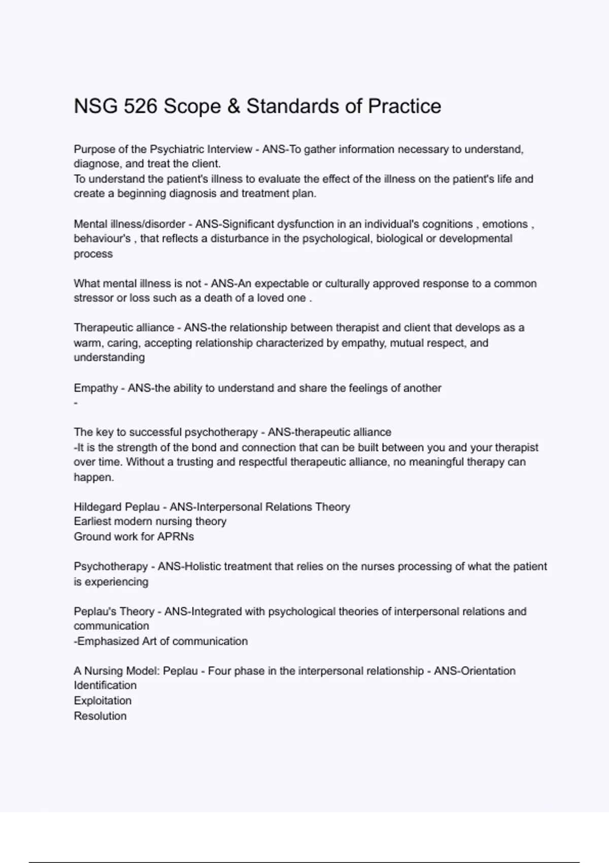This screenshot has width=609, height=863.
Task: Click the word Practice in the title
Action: click(404, 106)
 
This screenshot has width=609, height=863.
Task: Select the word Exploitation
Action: click(103, 701)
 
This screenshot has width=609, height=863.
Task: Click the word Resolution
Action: click(100, 716)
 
